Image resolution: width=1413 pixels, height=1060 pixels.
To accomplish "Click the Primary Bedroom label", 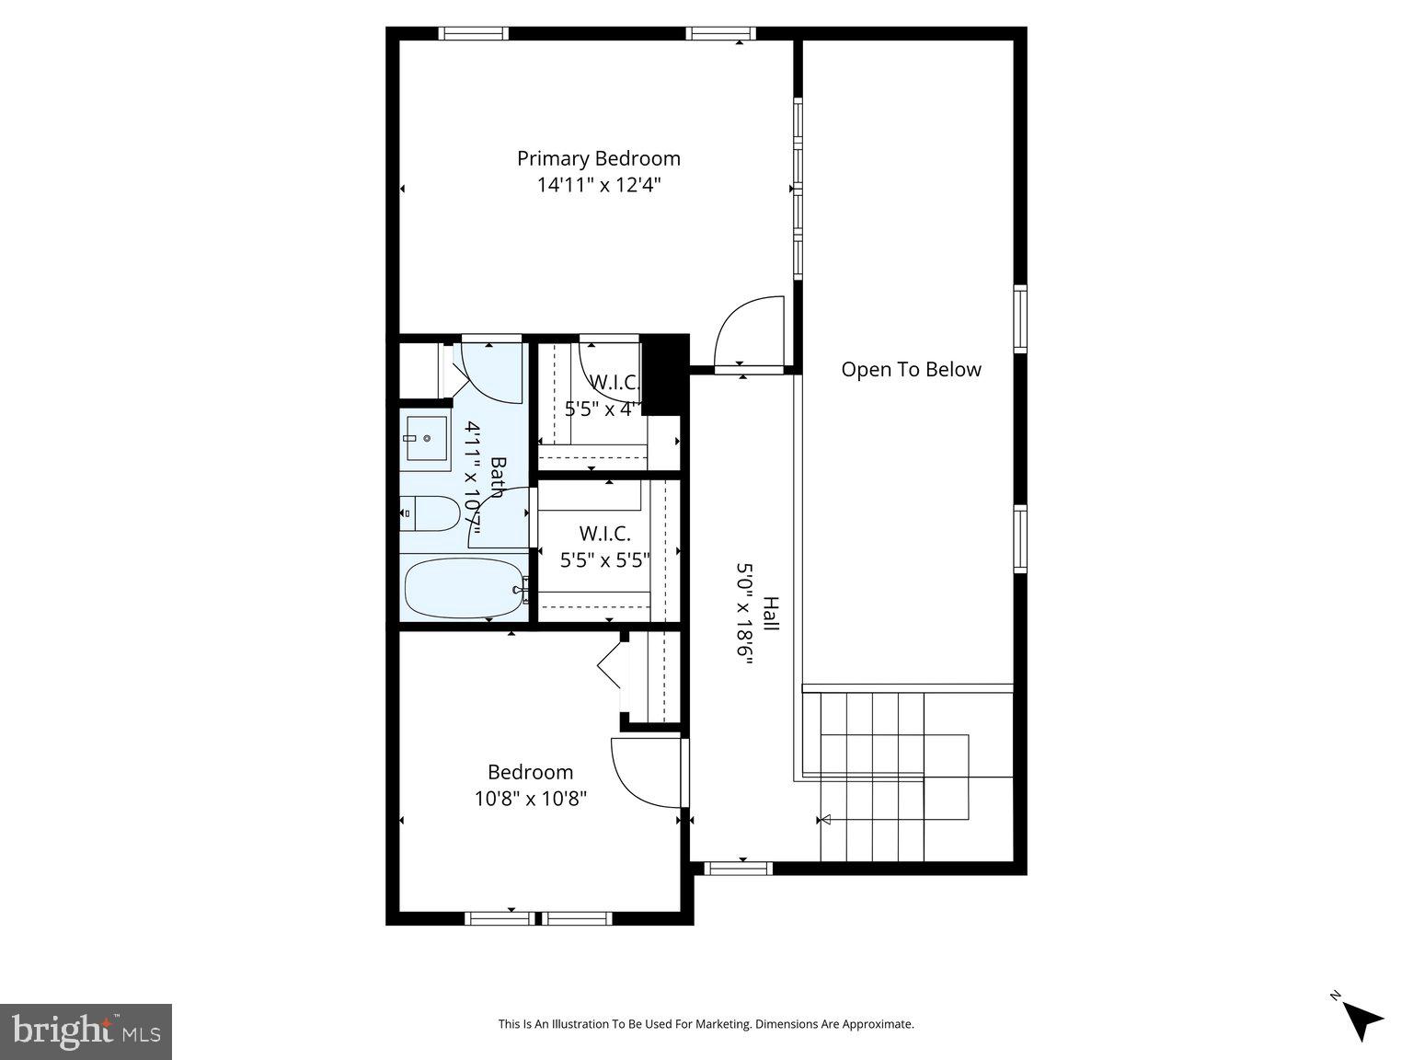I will [598, 158].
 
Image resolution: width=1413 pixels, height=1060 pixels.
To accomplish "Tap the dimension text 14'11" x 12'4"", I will [599, 185].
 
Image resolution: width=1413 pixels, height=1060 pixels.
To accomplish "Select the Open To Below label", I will [911, 370].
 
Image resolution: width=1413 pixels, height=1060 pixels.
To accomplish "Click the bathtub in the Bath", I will [463, 588].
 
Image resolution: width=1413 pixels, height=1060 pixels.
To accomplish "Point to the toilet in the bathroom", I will [431, 513].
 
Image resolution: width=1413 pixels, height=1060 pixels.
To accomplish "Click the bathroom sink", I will [425, 440].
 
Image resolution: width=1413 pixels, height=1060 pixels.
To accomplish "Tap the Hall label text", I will [771, 614].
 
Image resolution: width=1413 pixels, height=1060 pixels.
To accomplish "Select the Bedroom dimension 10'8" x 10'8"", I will [531, 798].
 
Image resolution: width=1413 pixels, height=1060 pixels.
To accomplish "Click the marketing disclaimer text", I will [706, 1023].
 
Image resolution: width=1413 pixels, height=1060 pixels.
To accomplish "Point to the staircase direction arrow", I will [825, 819].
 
